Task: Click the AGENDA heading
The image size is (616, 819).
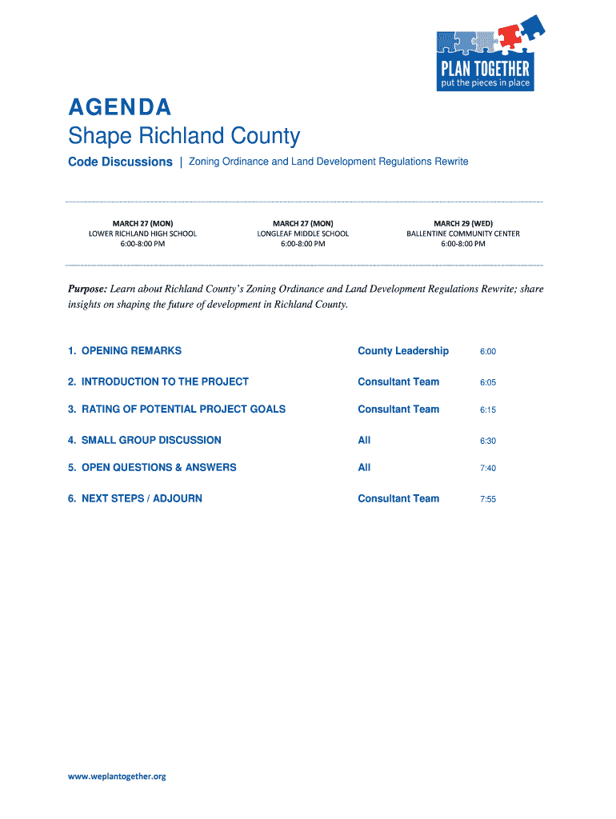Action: tap(119, 106)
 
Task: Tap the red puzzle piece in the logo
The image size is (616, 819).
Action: tap(509, 34)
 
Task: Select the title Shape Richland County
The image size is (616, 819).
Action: tap(183, 136)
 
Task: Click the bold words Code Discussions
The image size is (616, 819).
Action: tap(120, 162)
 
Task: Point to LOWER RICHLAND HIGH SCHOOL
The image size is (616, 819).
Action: tap(142, 234)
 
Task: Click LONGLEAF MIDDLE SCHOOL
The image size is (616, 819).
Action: tap(302, 234)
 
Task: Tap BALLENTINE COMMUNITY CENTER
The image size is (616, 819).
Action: tap(463, 234)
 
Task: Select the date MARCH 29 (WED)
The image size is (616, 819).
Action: tap(463, 222)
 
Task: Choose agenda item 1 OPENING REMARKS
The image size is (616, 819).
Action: tap(125, 350)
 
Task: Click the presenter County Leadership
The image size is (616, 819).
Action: tap(403, 350)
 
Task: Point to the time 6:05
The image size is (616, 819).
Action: tap(488, 382)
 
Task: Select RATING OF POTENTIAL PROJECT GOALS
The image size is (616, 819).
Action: tap(177, 409)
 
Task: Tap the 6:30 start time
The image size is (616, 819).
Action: tap(488, 441)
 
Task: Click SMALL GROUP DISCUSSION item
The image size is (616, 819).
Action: tap(145, 440)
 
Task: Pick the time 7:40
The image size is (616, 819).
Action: tap(488, 468)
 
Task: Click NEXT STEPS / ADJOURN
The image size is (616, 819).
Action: tap(135, 498)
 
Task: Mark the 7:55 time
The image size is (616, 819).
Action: tap(488, 499)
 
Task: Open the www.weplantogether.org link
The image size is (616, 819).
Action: tap(117, 776)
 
